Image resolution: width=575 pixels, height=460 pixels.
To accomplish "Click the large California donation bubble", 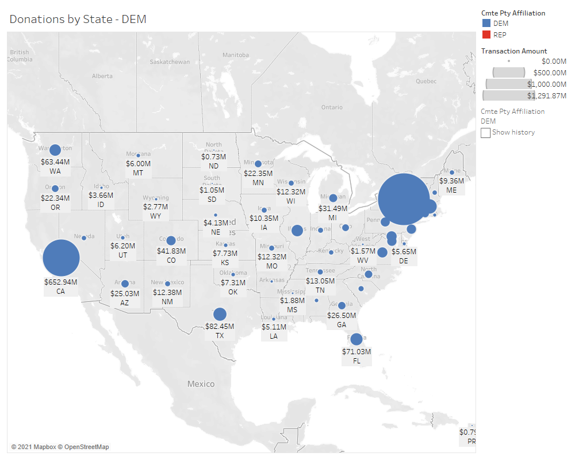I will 61,258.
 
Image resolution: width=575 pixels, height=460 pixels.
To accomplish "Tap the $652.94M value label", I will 61,282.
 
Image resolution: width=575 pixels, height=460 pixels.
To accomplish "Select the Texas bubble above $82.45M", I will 220,314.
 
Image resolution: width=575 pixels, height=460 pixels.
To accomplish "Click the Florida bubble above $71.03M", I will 356,339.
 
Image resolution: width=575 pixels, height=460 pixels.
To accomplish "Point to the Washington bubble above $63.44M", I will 55,150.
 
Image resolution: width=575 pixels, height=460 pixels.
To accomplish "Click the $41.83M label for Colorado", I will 171,251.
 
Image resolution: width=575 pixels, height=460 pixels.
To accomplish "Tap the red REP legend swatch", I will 486,34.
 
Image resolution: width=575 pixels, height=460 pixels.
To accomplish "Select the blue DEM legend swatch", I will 486,24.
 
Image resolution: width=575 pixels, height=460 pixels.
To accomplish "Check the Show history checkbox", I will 486,133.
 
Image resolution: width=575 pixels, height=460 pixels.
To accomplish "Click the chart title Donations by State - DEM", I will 78,19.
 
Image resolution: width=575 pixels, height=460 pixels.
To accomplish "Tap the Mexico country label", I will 201,384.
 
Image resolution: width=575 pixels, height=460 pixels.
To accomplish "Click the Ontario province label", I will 332,107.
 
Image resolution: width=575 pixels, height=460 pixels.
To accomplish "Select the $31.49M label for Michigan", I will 332,208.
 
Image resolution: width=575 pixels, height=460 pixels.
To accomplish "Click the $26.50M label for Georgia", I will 342,315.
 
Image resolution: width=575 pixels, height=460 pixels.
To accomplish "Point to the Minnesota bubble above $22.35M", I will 258,164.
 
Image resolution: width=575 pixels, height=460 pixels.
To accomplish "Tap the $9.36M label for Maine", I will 451,181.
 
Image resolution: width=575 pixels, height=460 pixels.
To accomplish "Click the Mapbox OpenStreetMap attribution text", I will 60,447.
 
